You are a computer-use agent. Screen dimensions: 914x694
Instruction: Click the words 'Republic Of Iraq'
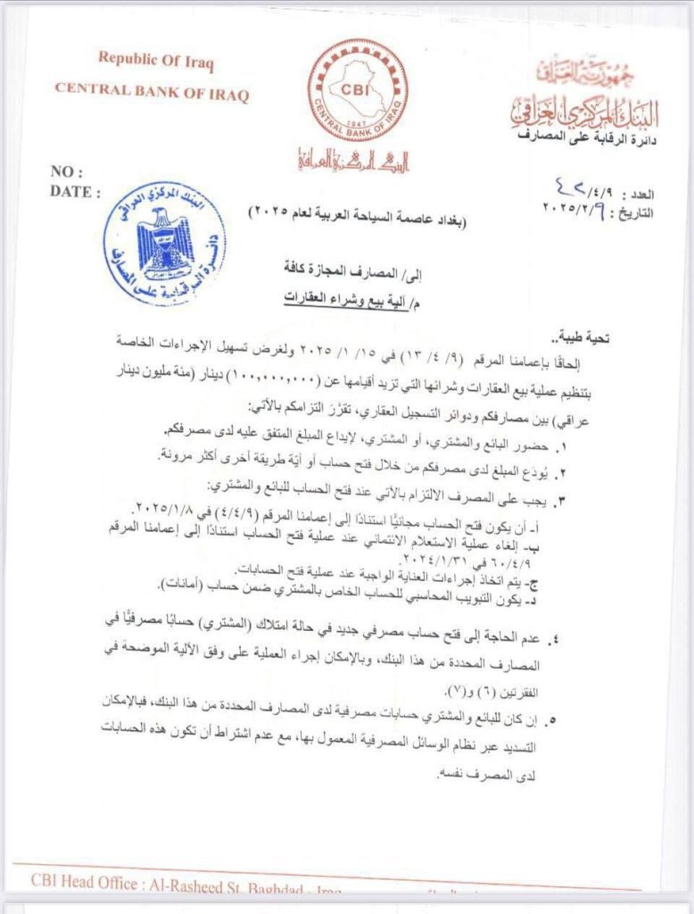(156, 62)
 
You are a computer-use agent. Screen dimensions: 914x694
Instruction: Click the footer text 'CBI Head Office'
(86, 879)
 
